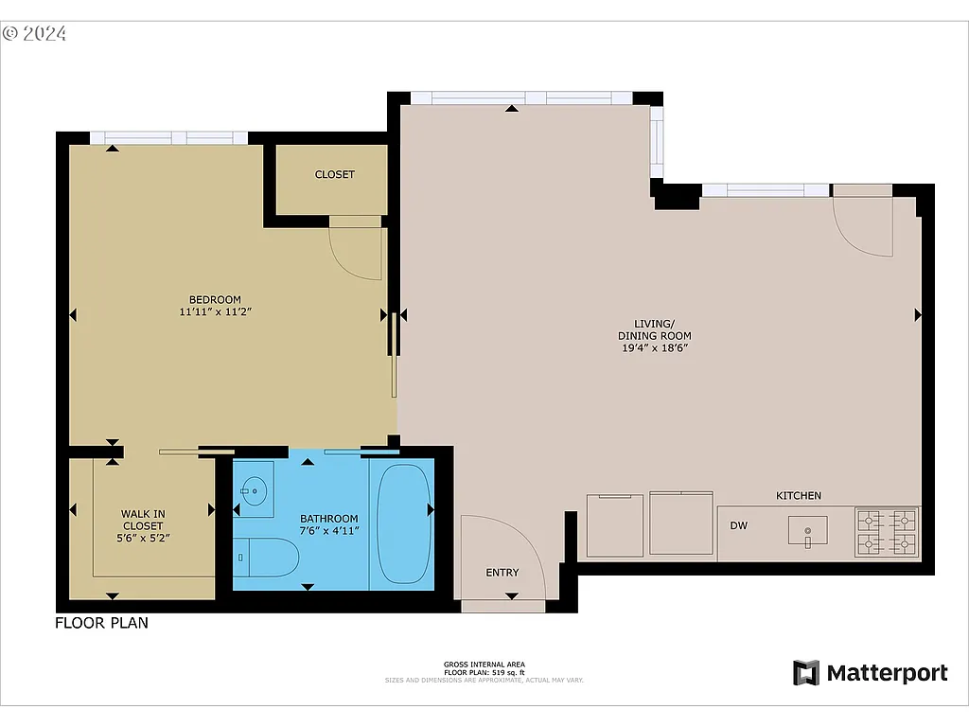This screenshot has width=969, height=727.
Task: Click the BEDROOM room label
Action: pos(216,299)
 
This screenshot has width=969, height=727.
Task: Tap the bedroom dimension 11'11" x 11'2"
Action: pos(216,311)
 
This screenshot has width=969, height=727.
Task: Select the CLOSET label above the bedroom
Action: pos(334,174)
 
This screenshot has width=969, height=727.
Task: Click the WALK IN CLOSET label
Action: pos(143,520)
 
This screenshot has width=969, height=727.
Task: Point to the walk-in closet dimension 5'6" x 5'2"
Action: pos(143,537)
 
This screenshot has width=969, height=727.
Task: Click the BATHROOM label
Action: pos(328,519)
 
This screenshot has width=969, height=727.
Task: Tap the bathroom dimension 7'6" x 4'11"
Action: pos(328,531)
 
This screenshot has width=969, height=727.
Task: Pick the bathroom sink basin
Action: pos(253,489)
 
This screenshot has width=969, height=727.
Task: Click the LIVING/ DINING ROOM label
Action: pos(654,329)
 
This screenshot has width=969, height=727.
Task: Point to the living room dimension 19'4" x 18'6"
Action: pos(654,347)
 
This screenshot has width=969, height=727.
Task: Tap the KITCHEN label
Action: pos(799,495)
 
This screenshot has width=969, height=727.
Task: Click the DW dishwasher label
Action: pos(739,524)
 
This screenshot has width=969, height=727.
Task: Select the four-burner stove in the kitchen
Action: pos(887,531)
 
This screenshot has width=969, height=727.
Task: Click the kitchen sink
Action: pos(807,530)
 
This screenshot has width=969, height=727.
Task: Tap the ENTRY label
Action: pos(502,572)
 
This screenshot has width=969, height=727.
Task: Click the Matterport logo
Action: pos(870,673)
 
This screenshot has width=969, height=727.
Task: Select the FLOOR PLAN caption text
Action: pos(101,623)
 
